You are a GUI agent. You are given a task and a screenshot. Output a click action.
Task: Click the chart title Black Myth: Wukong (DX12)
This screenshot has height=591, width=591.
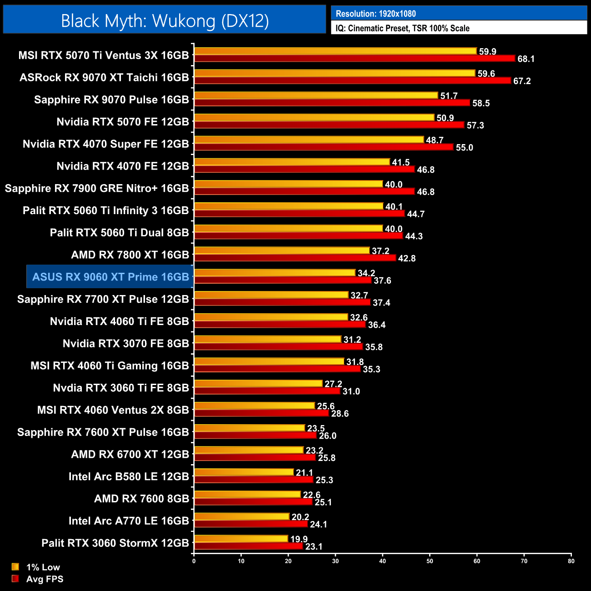pyautogui.click(x=165, y=21)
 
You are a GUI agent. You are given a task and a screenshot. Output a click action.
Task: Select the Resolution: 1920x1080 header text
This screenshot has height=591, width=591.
pyautogui.click(x=376, y=14)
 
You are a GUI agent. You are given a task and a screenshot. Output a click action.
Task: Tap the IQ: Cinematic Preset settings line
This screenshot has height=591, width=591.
pyautogui.click(x=402, y=28)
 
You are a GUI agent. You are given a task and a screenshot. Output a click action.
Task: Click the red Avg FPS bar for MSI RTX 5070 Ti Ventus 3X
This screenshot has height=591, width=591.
pyautogui.click(x=354, y=58)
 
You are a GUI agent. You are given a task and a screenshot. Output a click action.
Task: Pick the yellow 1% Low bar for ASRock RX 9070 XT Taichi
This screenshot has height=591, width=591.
pyautogui.click(x=334, y=73)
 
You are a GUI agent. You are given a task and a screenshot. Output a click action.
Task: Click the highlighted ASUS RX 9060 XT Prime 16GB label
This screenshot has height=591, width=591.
pyautogui.click(x=110, y=277)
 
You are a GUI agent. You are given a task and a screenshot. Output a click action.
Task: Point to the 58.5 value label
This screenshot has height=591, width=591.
pyautogui.click(x=481, y=103)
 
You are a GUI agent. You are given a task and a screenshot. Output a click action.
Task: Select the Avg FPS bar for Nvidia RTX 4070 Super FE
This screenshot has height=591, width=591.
pyautogui.click(x=323, y=147)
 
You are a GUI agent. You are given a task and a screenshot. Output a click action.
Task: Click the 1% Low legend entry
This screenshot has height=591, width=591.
pyautogui.click(x=43, y=567)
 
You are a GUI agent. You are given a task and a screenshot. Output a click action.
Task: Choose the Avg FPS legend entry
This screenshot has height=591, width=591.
pyautogui.click(x=45, y=579)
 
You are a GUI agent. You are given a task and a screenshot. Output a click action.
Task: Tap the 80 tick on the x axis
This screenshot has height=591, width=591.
pyautogui.click(x=571, y=561)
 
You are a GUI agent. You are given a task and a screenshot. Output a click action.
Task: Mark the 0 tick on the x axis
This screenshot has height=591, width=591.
pyautogui.click(x=194, y=561)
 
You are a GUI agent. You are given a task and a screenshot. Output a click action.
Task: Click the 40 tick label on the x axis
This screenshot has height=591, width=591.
pyautogui.click(x=383, y=561)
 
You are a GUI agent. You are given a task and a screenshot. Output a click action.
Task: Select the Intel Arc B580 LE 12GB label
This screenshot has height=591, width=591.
pyautogui.click(x=129, y=476)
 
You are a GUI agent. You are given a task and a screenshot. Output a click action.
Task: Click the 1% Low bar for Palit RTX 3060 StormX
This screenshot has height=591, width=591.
pyautogui.click(x=241, y=539)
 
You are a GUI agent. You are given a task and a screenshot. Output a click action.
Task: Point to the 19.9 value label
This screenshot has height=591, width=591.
pyautogui.click(x=299, y=539)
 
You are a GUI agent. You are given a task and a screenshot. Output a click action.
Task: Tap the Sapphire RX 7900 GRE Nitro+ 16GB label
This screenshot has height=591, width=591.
pyautogui.click(x=97, y=188)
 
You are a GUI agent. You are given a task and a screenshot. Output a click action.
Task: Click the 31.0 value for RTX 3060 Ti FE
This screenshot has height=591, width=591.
pyautogui.click(x=351, y=391)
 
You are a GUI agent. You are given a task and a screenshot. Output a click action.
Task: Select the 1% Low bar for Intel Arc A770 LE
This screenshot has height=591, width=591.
pyautogui.click(x=241, y=516)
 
